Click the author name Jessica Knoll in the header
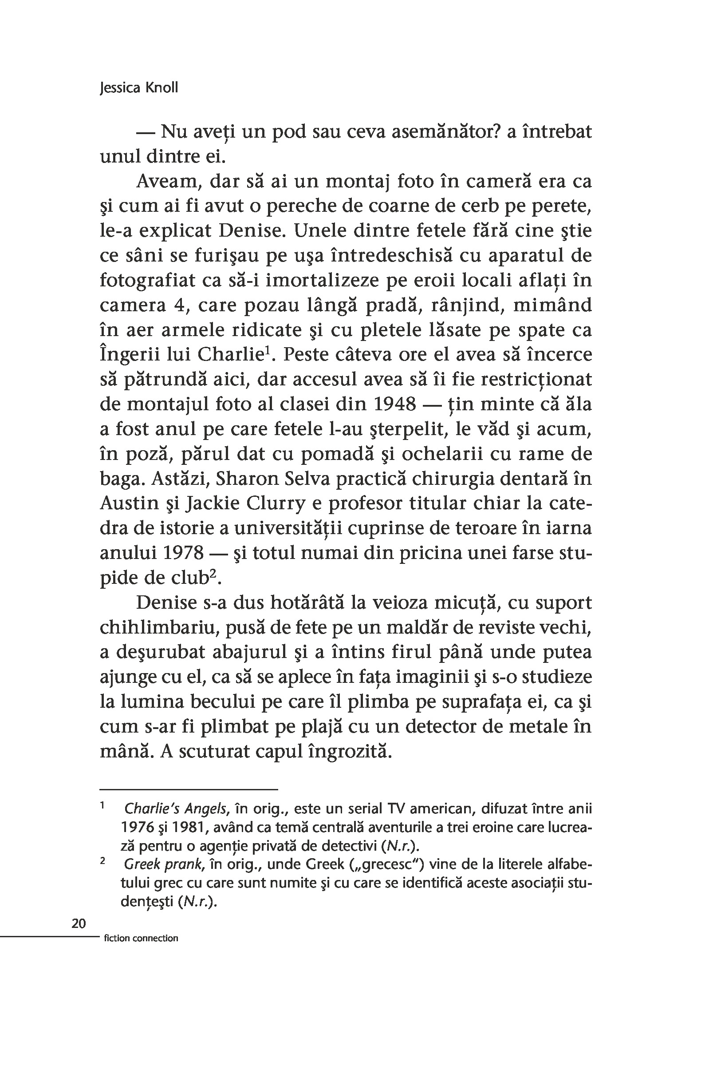(x=139, y=87)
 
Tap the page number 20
(x=79, y=923)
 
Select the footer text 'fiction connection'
(x=141, y=938)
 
